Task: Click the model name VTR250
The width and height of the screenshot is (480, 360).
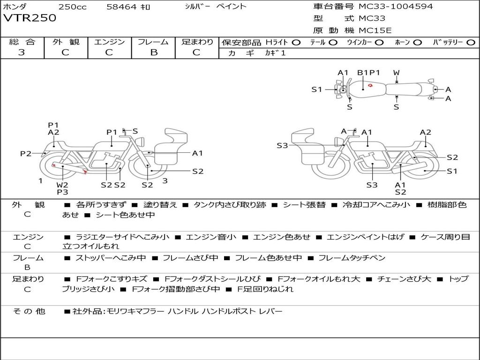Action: click(30, 18)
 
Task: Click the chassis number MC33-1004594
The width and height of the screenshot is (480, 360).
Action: click(396, 7)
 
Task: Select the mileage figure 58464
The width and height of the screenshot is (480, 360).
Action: click(121, 7)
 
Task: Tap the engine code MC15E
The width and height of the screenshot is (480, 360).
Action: click(375, 30)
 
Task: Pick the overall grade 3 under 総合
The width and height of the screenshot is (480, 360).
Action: click(22, 52)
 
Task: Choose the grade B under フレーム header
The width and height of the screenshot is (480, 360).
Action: click(154, 52)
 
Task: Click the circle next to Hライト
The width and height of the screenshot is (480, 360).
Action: click(296, 43)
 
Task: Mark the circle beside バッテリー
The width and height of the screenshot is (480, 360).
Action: click(471, 43)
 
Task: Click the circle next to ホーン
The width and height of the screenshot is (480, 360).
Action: click(417, 43)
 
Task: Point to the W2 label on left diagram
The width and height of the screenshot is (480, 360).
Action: click(62, 185)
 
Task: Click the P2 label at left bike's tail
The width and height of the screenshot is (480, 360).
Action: click(26, 153)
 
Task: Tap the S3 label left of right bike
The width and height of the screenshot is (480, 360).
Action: click(282, 145)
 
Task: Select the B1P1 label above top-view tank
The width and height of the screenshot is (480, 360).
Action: click(368, 73)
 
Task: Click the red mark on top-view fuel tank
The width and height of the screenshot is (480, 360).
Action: click(370, 85)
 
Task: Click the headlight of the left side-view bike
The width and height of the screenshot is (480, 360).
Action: click(141, 142)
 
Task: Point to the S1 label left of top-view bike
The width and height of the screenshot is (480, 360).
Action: click(317, 90)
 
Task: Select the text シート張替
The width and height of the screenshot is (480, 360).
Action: click(304, 205)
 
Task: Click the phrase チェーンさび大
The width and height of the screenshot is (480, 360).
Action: click(404, 279)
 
